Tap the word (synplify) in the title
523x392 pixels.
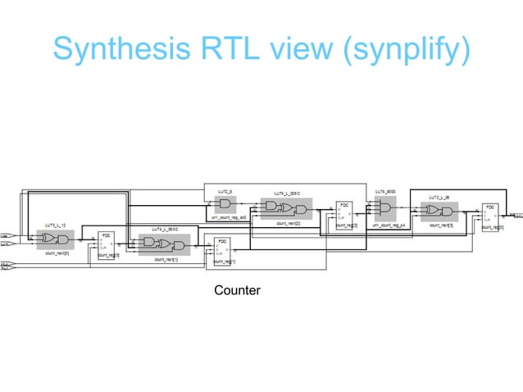click(x=408, y=49)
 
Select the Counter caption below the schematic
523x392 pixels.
click(x=237, y=290)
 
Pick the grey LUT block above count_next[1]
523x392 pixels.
click(x=164, y=244)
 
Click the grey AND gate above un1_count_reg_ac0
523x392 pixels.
click(x=224, y=204)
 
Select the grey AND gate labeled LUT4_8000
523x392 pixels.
click(x=384, y=209)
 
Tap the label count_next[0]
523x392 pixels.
click(x=57, y=254)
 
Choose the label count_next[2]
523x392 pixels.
click(x=288, y=222)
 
